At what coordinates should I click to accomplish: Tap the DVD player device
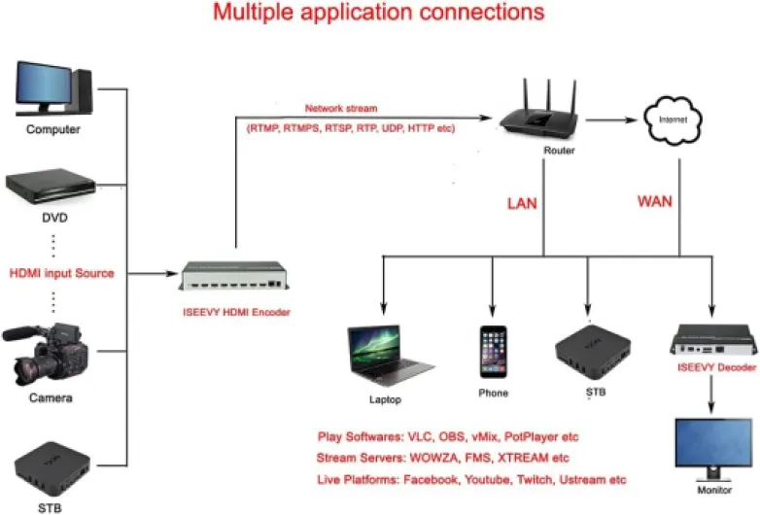[x=52, y=186]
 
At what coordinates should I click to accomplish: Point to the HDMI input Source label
[x=61, y=273]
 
